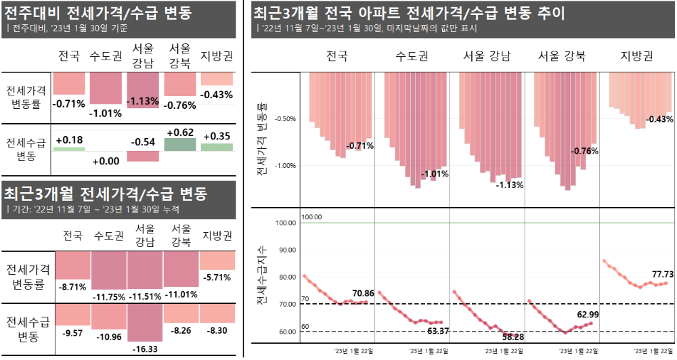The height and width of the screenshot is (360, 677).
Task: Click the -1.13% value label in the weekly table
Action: pos(143,102)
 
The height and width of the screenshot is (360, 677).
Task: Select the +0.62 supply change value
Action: pos(179,132)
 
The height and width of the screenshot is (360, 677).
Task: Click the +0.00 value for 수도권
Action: pos(106,160)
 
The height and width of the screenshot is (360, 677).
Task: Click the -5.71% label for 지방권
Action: pos(217,277)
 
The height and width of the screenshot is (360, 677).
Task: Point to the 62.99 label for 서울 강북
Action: pos(588,314)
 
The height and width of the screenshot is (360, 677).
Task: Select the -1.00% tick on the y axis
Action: pos(286,165)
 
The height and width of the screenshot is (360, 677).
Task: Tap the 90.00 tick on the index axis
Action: pos(287,250)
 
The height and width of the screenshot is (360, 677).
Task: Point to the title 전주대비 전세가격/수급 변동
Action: pos(97,12)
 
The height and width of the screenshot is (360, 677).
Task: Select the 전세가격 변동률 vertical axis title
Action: pos(261,140)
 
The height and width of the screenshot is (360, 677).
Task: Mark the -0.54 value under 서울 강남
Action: pos(143,142)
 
